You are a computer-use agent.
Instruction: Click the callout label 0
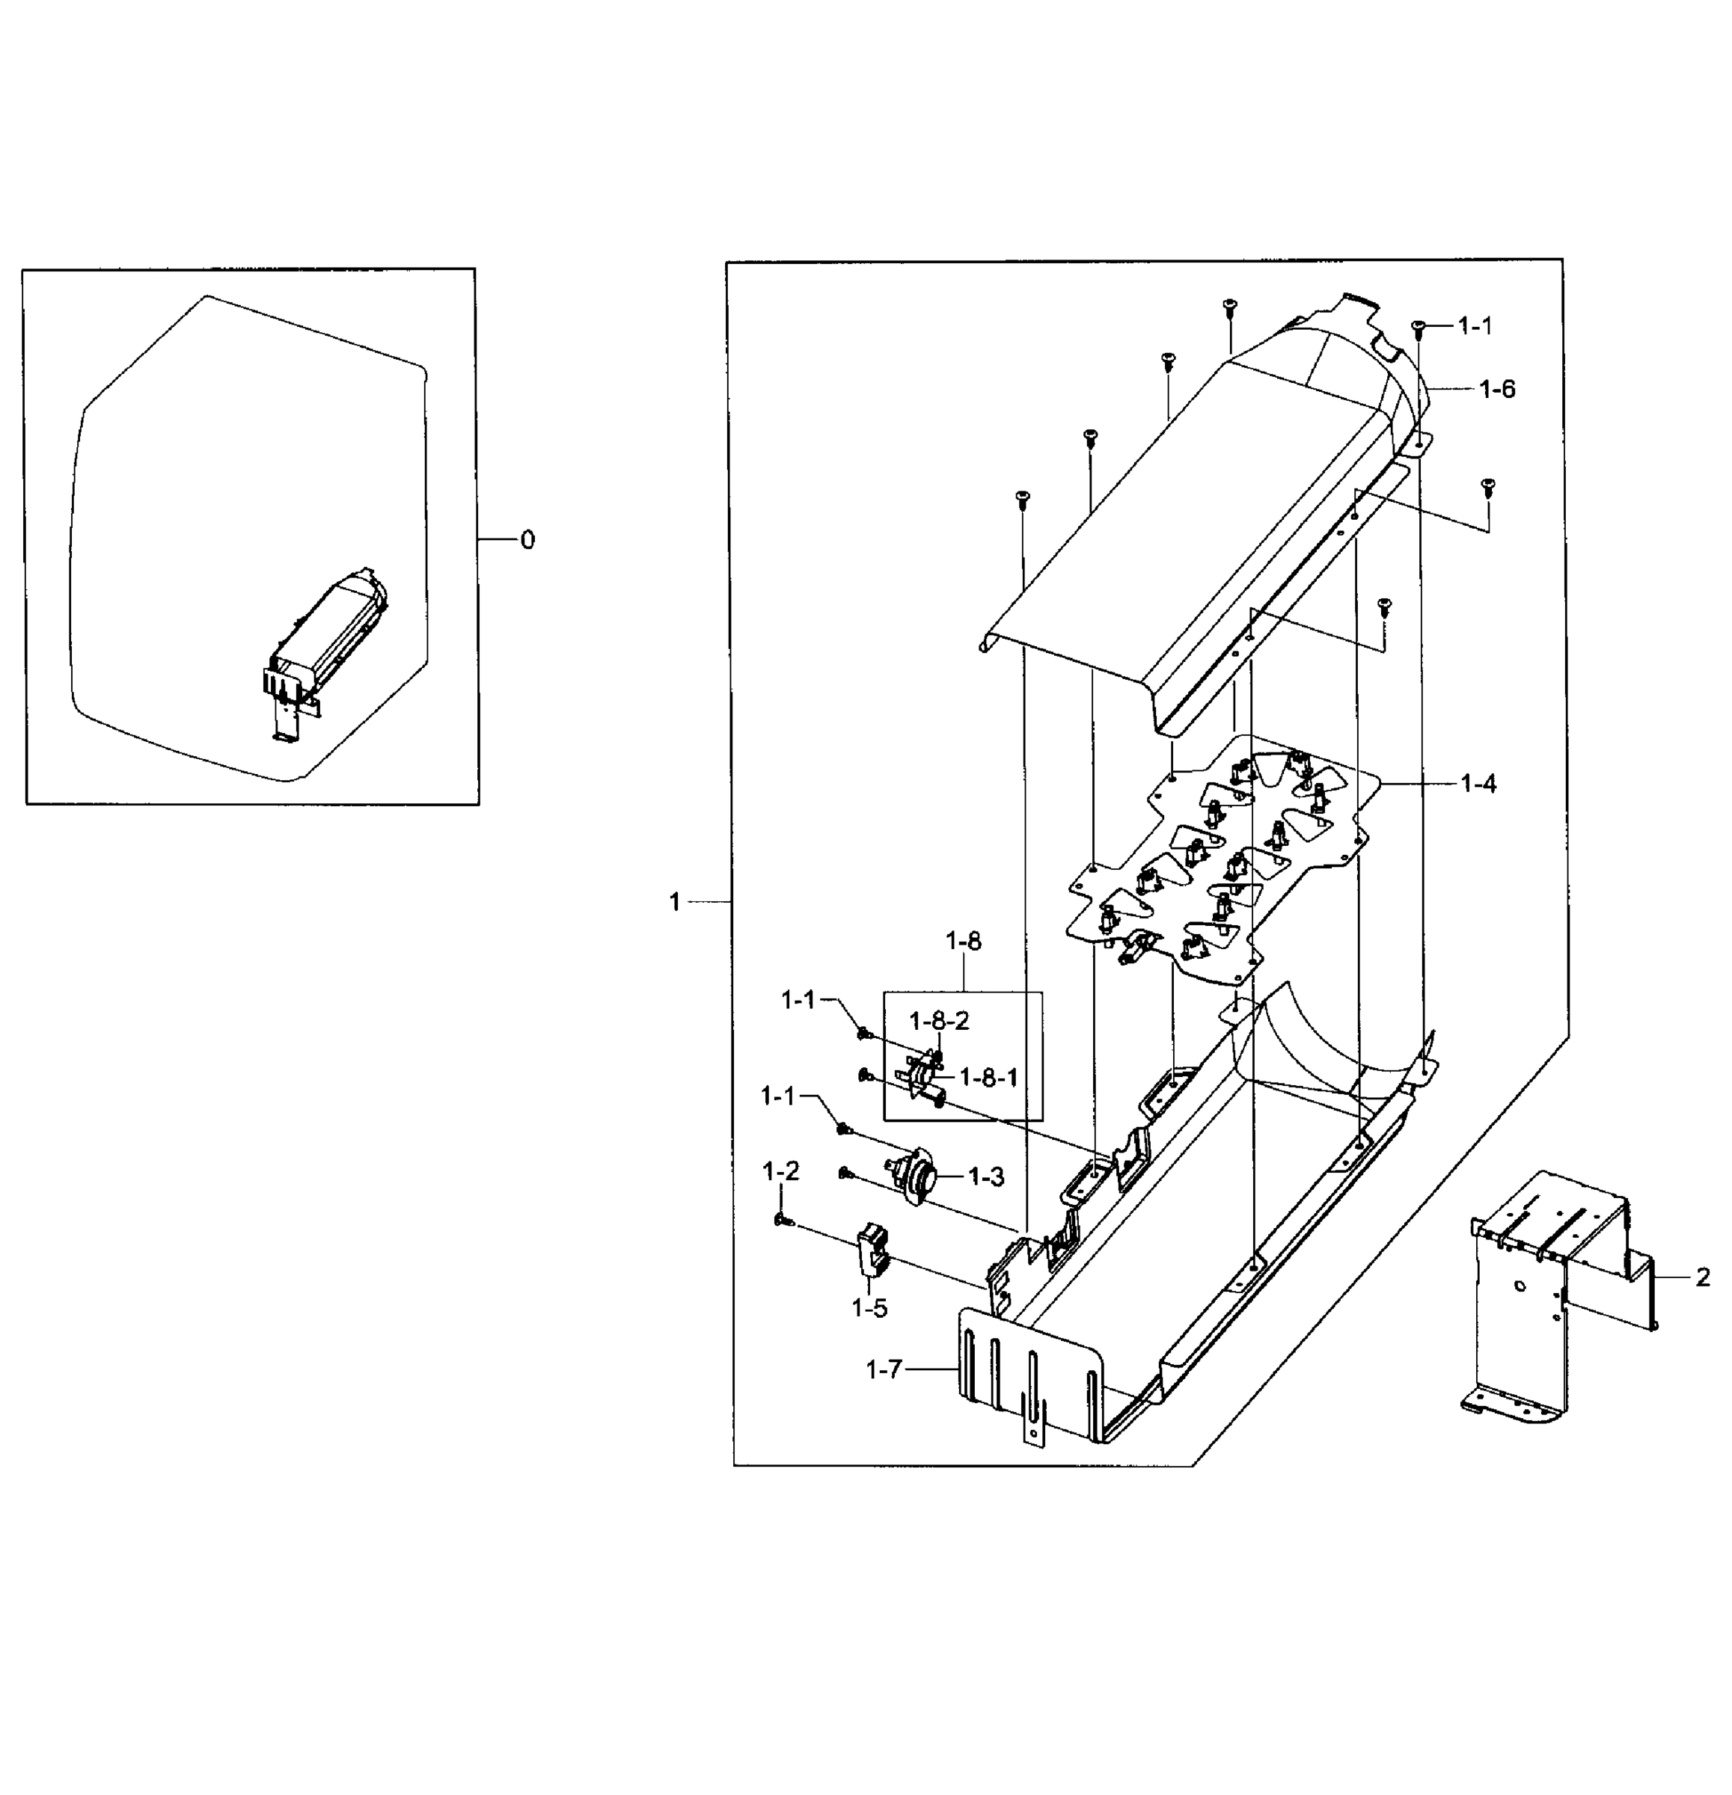[x=527, y=540]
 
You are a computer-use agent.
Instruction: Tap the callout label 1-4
[x=1478, y=784]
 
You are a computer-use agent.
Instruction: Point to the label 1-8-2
[x=939, y=1021]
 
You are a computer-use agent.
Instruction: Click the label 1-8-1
[x=988, y=1078]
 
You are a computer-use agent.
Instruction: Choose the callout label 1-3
[x=985, y=1176]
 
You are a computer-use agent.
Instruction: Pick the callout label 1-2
[x=780, y=1170]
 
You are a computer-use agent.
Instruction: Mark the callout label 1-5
[x=869, y=1309]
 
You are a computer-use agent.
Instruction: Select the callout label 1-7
[x=884, y=1369]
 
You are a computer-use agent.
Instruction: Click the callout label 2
[x=1702, y=1277]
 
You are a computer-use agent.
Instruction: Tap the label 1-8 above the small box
[x=963, y=942]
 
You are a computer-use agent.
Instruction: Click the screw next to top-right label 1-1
[x=1418, y=326]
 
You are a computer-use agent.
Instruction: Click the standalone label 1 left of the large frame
[x=675, y=902]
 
